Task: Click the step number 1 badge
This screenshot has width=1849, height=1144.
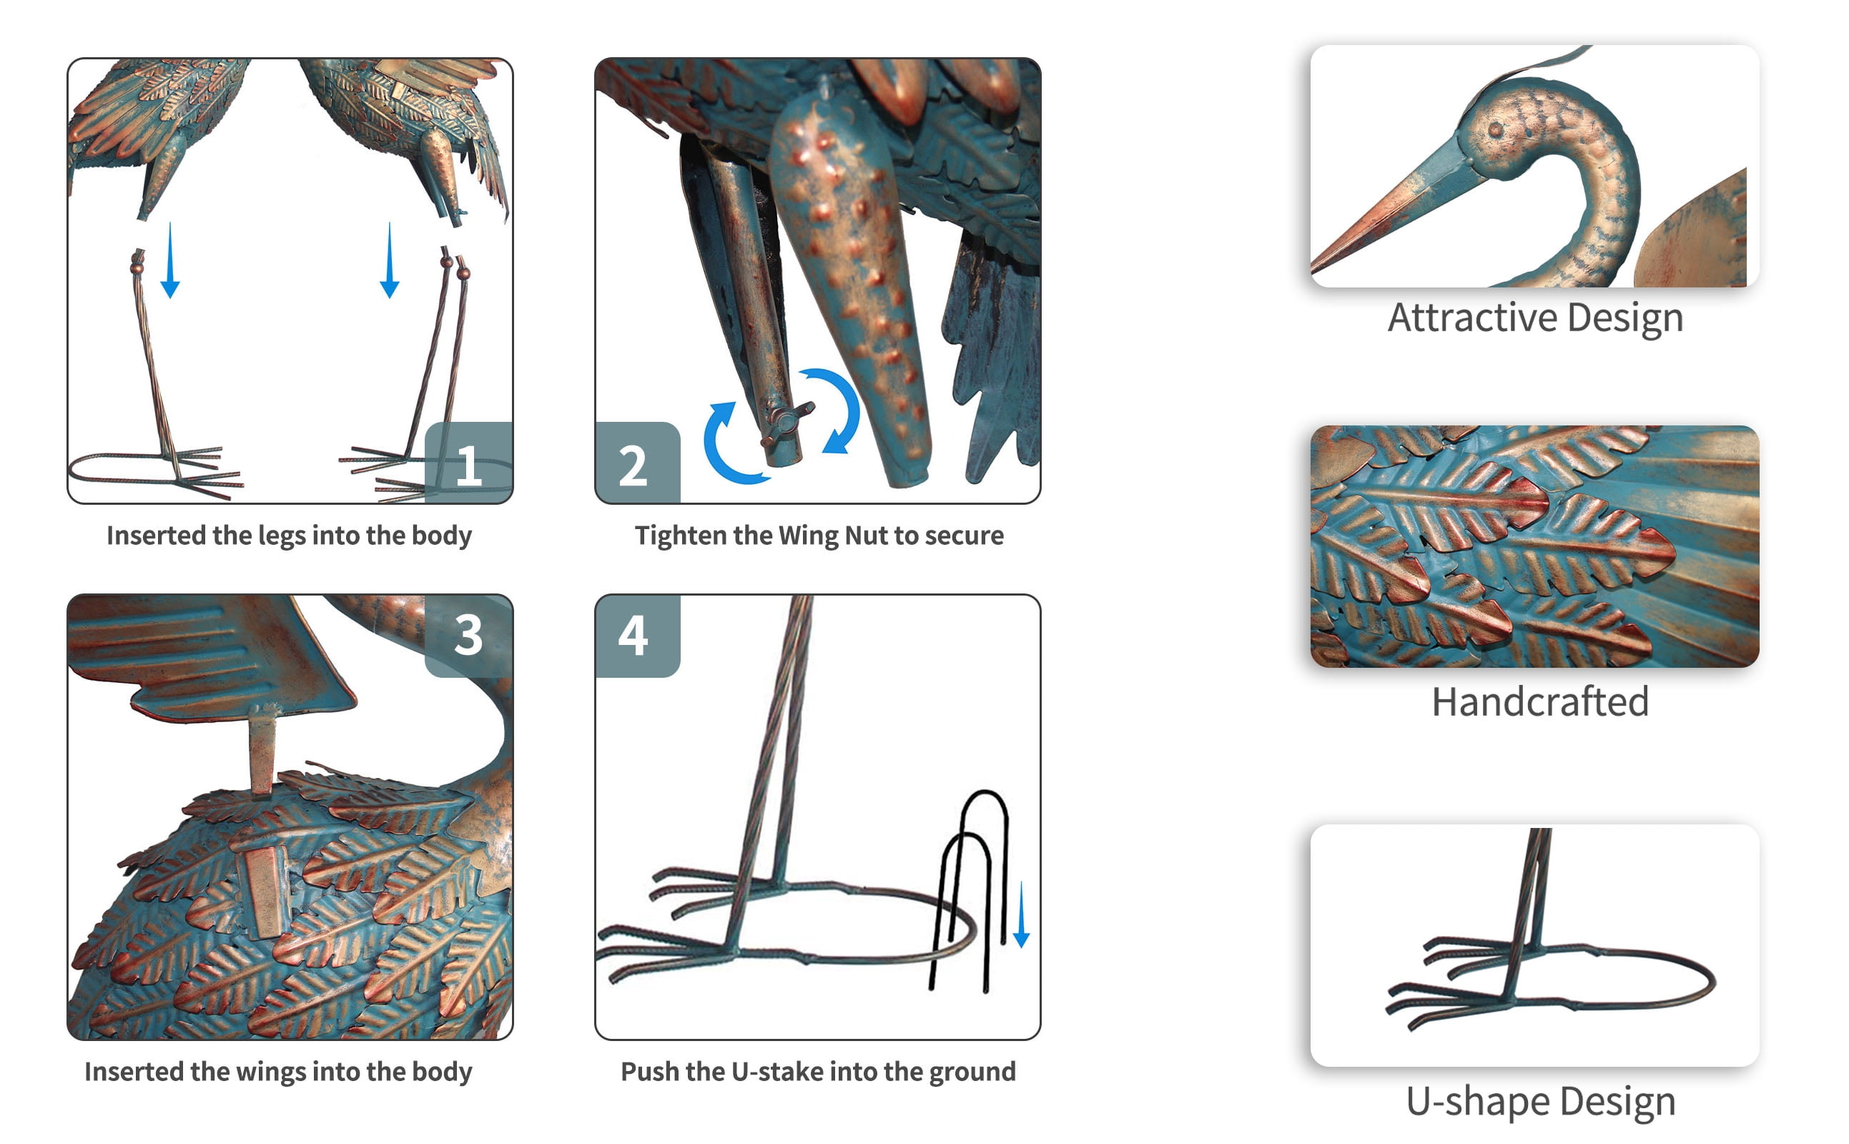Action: click(x=469, y=463)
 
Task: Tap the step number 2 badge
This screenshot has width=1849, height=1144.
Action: click(x=637, y=463)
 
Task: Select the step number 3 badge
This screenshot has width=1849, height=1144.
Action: click(x=469, y=635)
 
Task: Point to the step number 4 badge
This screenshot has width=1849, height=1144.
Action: click(x=637, y=635)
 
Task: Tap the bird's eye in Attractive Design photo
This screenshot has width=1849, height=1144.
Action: click(x=1496, y=129)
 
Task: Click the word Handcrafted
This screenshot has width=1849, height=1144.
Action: click(x=1539, y=702)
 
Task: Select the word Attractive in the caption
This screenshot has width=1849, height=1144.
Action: click(x=1472, y=317)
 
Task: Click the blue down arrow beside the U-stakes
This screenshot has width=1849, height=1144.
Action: click(x=1021, y=914)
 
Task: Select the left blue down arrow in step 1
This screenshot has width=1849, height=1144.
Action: click(x=170, y=260)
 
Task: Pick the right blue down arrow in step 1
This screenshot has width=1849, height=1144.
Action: click(x=390, y=260)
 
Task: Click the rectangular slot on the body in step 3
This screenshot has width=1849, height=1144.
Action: click(x=264, y=892)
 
